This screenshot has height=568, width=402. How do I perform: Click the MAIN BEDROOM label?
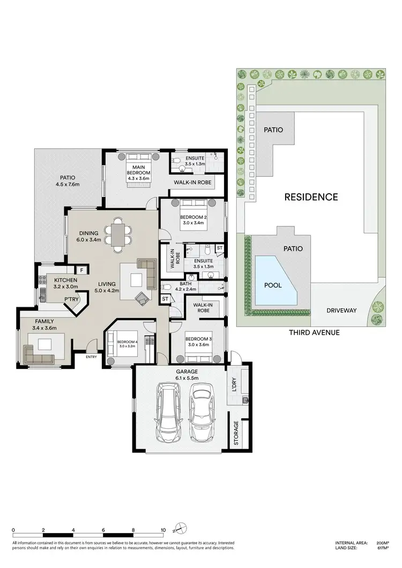[138, 170]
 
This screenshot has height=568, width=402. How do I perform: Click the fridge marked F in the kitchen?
[81, 270]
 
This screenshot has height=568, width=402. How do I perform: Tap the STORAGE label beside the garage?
[236, 434]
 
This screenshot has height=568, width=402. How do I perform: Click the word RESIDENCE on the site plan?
[311, 197]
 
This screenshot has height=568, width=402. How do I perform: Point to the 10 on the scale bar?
[162, 531]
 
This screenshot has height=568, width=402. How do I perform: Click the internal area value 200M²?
[382, 542]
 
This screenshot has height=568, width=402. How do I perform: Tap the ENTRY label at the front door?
[91, 357]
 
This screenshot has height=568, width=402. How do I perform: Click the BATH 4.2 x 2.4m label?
[185, 287]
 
